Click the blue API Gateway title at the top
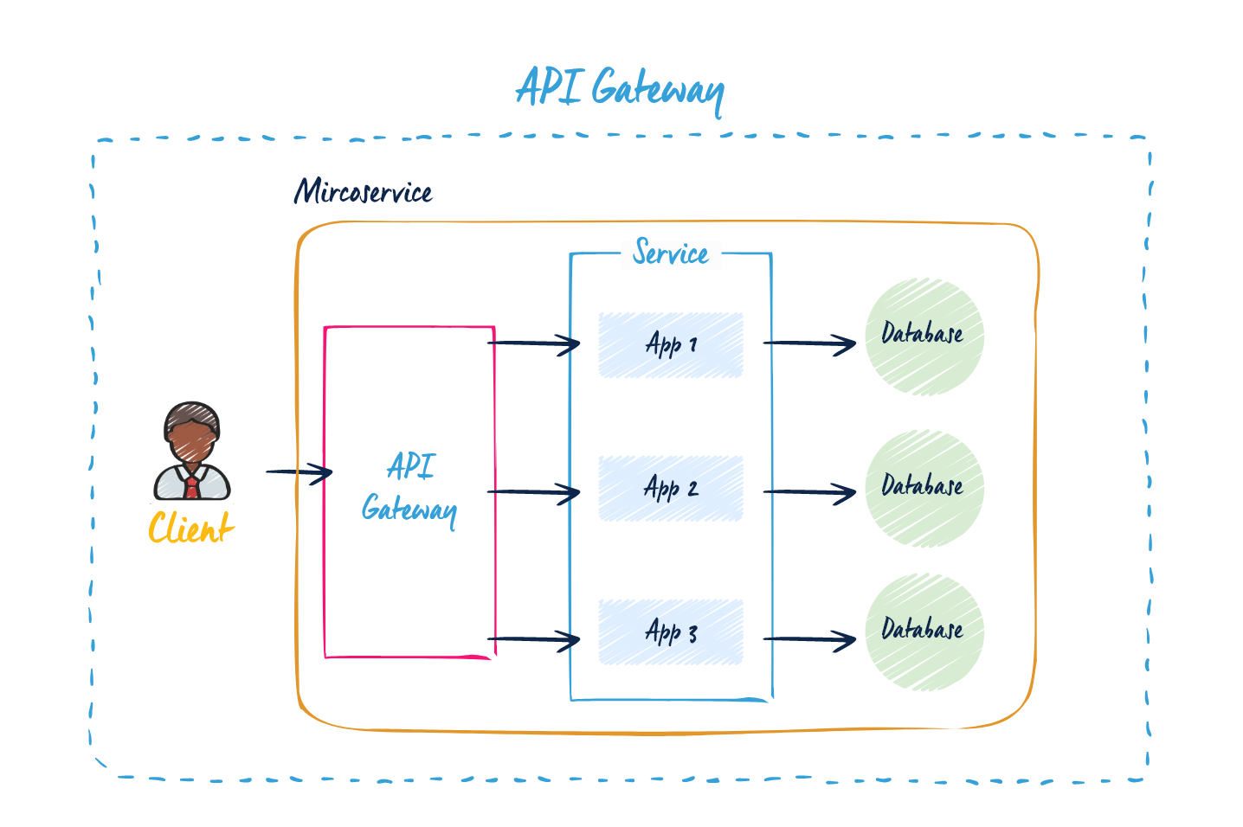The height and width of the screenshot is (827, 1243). click(620, 89)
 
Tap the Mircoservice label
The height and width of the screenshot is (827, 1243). click(363, 191)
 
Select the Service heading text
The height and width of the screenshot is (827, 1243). click(671, 253)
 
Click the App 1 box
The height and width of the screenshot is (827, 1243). click(671, 344)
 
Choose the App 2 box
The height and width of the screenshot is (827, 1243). click(671, 489)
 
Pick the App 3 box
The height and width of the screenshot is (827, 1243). click(671, 632)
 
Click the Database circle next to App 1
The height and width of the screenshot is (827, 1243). click(924, 337)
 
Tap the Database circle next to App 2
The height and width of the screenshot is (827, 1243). click(924, 489)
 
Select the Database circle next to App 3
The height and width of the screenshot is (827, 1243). click(924, 631)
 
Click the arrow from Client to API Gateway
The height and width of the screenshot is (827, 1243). click(299, 472)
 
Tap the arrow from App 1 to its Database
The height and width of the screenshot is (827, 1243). click(809, 344)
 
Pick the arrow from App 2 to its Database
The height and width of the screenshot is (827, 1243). click(809, 493)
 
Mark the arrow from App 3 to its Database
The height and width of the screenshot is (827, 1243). click(809, 640)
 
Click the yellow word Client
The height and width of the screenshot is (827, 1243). click(190, 528)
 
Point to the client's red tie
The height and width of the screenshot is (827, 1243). click(191, 486)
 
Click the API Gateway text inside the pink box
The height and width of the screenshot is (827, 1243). click(409, 489)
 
